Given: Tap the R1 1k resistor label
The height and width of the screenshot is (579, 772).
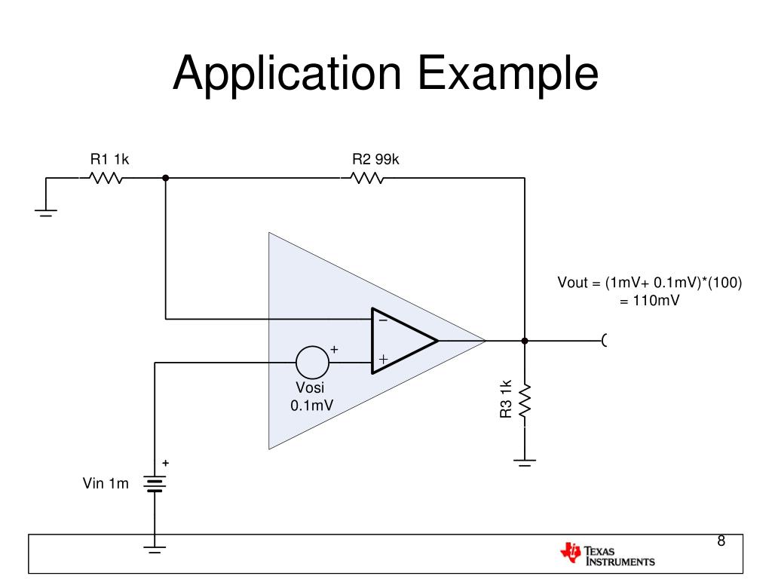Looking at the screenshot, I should pos(110,159).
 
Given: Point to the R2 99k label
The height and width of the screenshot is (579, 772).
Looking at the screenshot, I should pos(375,159).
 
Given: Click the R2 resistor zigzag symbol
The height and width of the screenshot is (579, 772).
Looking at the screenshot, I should pos(367,179).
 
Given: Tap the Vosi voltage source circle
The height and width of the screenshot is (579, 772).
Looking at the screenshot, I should pos(312,363).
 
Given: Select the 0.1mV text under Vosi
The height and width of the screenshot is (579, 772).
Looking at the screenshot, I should pos(312,405).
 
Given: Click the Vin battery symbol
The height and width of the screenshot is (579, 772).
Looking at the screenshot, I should pos(155,482).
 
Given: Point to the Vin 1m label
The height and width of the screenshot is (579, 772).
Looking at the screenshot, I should pos(106,484).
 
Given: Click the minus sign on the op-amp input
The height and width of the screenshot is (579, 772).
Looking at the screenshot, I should pos(382,320).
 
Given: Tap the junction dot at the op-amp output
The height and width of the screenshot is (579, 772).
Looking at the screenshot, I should pos(525,341).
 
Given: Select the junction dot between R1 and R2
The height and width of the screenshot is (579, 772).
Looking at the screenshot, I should pos(165,179).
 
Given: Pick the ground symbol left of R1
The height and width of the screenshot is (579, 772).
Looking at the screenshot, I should pos(46,213).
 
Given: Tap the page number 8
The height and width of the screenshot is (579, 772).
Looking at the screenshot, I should pos(721,541).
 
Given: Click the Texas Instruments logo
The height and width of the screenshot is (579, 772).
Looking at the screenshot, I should pos(608,555).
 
